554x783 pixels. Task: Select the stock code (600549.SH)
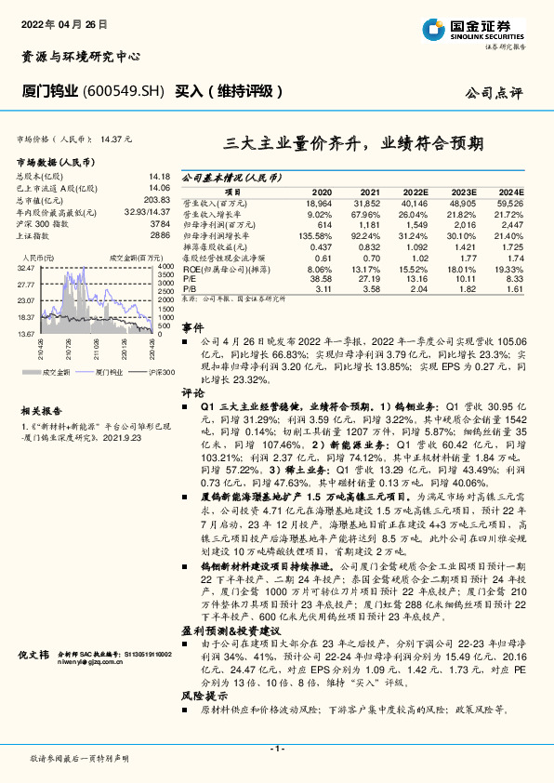tap(124, 91)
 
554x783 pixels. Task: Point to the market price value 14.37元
tap(117, 138)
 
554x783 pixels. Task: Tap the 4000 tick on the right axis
tap(163, 267)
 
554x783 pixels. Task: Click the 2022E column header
tap(413, 190)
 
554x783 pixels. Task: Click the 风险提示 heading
tap(199, 694)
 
